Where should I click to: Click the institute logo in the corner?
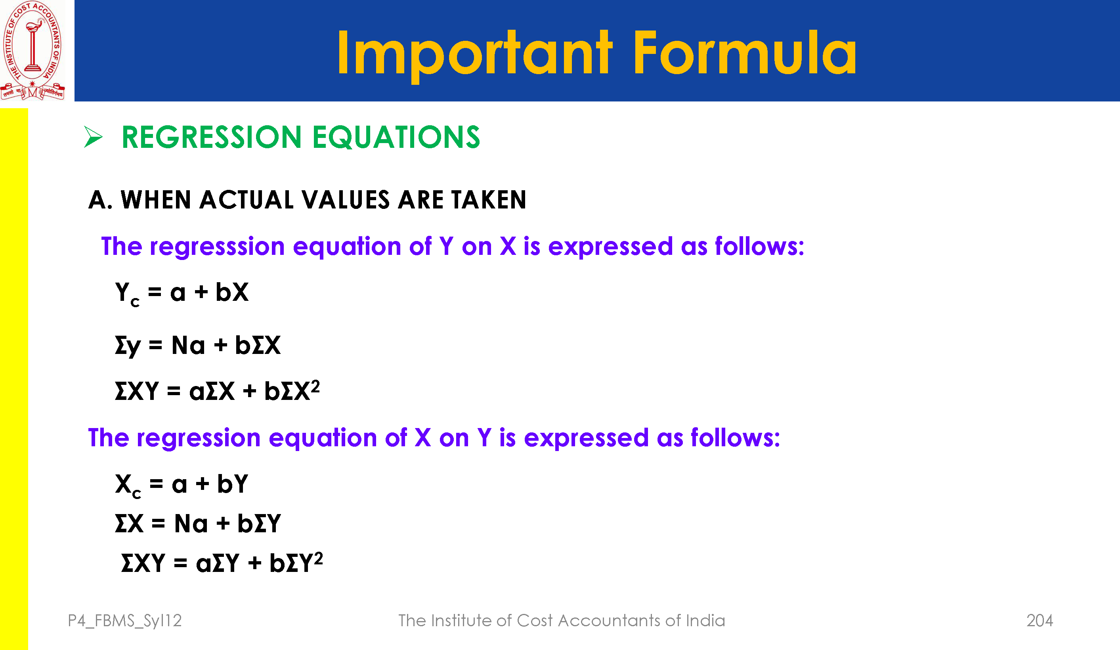pyautogui.click(x=32, y=50)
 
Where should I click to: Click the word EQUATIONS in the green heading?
pyautogui.click(x=396, y=137)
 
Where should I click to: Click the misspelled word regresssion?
pyautogui.click(x=217, y=247)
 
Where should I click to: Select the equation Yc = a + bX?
pyautogui.click(x=182, y=293)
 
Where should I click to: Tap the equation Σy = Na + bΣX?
pyautogui.click(x=198, y=346)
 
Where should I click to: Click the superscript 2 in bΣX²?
pyautogui.click(x=315, y=386)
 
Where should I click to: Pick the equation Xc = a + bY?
pyautogui.click(x=182, y=485)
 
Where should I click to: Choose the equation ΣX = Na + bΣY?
pyautogui.click(x=198, y=523)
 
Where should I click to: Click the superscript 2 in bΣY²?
pyautogui.click(x=318, y=558)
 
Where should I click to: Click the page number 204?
pyautogui.click(x=1040, y=620)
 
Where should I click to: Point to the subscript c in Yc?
pyautogui.click(x=135, y=302)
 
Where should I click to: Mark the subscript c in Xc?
pyautogui.click(x=136, y=494)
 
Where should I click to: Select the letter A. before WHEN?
pyautogui.click(x=100, y=200)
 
